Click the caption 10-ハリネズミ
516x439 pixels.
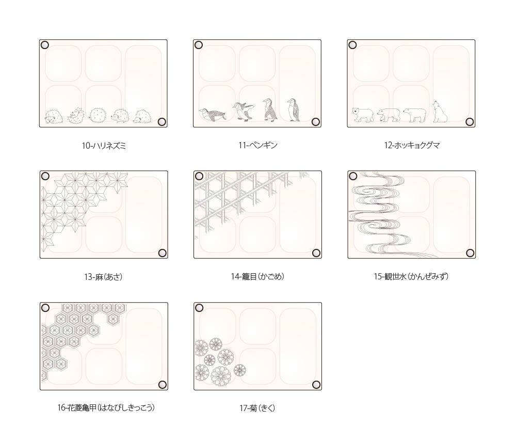104,145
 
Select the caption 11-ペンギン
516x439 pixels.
258,145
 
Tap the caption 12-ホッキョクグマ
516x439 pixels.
412,145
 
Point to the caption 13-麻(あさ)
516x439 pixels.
103,277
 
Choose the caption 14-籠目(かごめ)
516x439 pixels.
257,276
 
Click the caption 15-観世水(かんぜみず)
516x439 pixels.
411,276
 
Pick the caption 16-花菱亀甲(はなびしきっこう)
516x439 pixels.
106,407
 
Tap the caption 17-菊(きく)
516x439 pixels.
257,408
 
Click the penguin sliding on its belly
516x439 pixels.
213,115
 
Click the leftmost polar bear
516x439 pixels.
363,115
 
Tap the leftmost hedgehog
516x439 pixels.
53,117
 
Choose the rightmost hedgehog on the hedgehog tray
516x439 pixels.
142,117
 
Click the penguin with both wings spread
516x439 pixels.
243,112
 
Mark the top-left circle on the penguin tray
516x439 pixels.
199,45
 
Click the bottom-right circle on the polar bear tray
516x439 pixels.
470,122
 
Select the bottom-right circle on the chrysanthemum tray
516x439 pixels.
316,385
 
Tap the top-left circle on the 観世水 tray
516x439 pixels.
353,176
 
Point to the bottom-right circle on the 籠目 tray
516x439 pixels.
316,253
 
